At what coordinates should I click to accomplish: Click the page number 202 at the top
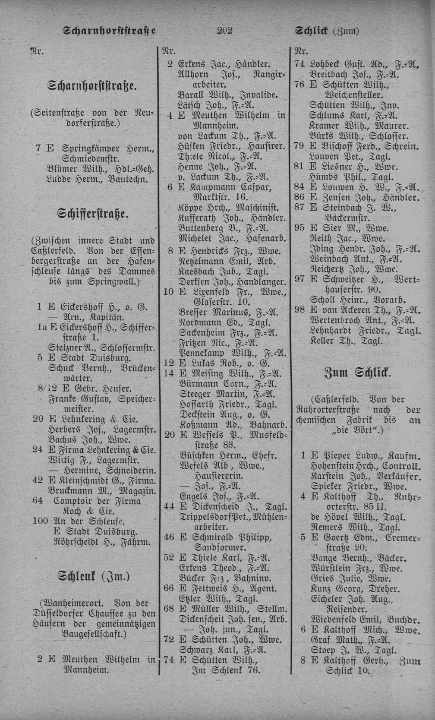(x=225, y=30)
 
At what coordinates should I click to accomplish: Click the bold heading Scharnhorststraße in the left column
(x=92, y=85)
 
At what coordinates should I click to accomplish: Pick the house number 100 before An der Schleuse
(x=40, y=521)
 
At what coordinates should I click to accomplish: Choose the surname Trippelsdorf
(x=203, y=517)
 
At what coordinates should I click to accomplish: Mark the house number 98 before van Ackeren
(x=299, y=310)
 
